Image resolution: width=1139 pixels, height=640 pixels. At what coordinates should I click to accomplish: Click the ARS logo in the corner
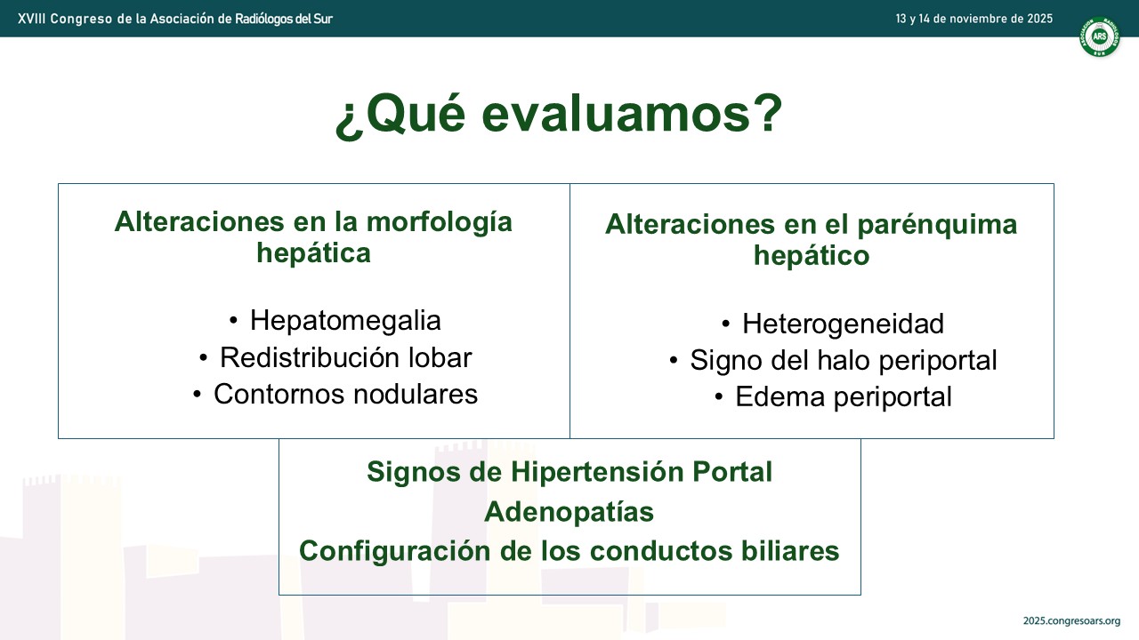point(1099,36)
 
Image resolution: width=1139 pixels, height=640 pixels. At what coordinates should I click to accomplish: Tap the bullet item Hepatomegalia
point(345,321)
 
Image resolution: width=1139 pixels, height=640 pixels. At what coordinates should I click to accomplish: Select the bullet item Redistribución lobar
point(346,357)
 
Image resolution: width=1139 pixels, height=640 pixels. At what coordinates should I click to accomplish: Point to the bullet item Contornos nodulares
point(346,394)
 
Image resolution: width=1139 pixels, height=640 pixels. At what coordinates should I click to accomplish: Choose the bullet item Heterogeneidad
point(843,324)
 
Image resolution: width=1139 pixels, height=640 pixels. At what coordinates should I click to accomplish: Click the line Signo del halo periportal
point(843,361)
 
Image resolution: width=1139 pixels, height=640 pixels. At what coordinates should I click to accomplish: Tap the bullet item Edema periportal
point(843,396)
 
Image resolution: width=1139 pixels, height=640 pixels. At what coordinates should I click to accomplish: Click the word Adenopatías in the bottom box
point(569,512)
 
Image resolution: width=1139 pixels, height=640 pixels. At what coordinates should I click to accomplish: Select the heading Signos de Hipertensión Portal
point(569,472)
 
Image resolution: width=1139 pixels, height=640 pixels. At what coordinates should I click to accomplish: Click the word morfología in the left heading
point(439,223)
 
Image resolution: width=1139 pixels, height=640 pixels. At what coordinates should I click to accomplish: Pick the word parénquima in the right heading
point(937,226)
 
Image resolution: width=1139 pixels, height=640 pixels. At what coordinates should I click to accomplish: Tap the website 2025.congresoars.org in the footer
point(1072,621)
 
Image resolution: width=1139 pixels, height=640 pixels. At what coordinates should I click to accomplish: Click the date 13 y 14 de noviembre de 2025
point(974,19)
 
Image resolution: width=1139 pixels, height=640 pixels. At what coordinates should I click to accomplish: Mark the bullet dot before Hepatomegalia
point(233,321)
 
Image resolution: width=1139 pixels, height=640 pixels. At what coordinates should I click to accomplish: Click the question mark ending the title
point(767,113)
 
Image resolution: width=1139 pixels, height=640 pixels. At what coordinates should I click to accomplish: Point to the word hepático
point(812,255)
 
